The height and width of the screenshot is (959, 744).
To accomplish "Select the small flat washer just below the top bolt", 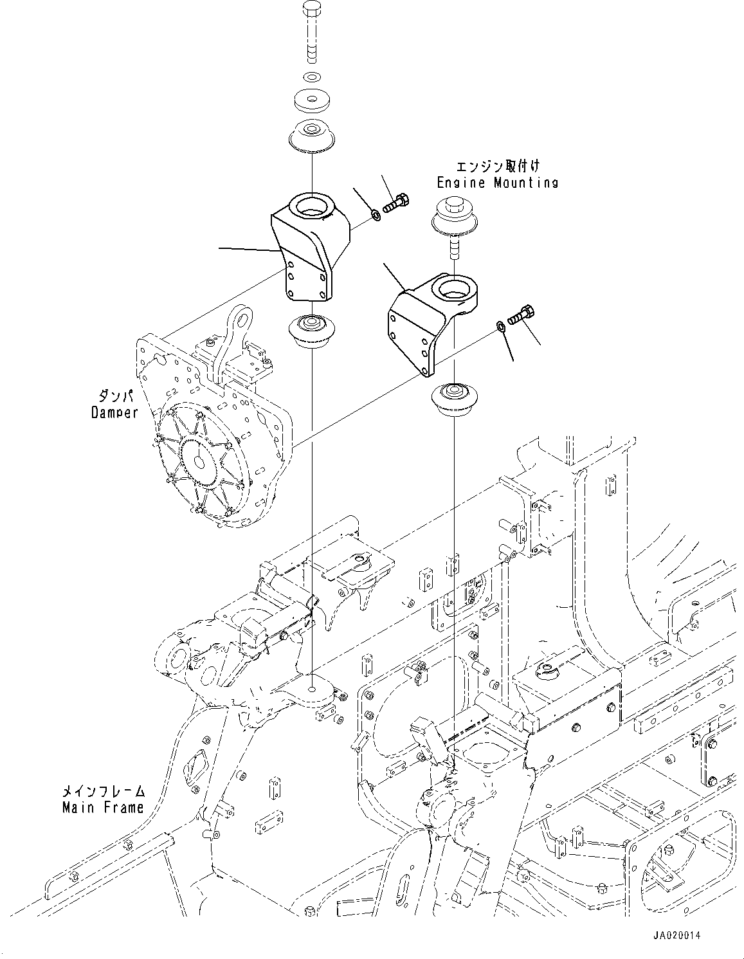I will coord(311,78).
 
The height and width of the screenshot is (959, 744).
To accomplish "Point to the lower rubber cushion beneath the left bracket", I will coord(311,331).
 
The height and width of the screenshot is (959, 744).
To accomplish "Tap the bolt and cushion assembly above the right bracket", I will coord(454,222).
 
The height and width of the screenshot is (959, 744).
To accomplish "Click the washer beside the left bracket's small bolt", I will coord(376,214).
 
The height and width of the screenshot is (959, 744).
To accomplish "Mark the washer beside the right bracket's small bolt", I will coord(500,327).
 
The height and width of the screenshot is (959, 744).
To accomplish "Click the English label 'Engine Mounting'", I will coord(497,183).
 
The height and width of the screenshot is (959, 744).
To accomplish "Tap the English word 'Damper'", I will coord(114,412).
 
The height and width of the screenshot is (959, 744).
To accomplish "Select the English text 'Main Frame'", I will coord(103,807).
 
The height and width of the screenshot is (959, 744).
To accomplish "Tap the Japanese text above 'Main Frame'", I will coord(104,791).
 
